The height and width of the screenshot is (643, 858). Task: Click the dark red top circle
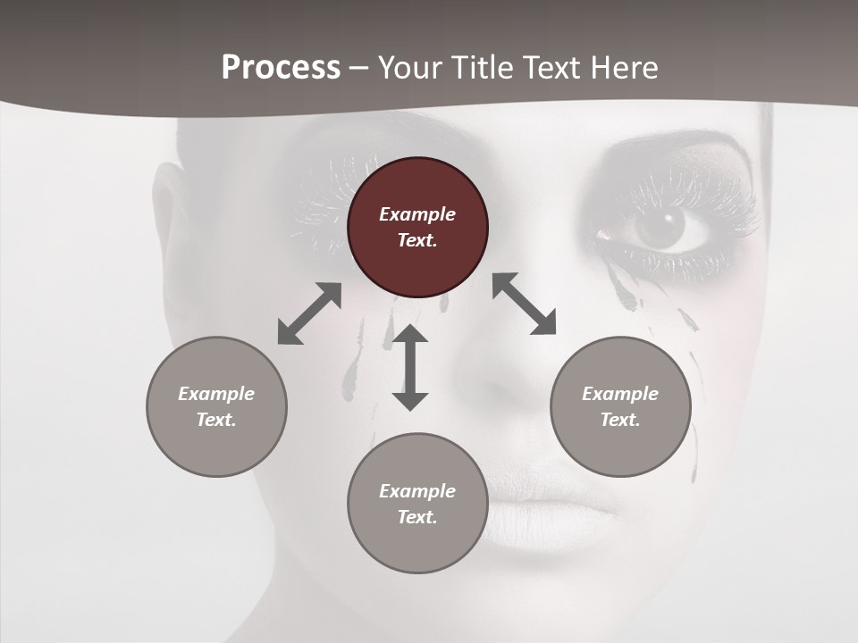417,227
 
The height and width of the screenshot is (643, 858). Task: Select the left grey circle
216,406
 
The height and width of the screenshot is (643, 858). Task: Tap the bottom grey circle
417,503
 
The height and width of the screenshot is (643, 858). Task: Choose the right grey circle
620,406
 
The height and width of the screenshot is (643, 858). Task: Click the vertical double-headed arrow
410,367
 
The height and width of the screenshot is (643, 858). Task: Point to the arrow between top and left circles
309,313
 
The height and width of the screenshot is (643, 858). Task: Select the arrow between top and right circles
524,304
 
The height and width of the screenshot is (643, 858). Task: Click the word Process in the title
281,68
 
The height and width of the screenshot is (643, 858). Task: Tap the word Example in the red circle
417,214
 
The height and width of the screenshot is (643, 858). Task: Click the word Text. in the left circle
216,420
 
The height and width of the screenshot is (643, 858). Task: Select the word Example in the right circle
620,394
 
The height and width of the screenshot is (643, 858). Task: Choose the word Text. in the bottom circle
417,517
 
